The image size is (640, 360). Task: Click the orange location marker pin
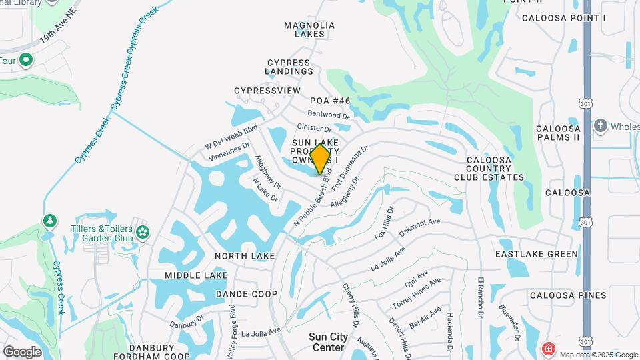[321, 159]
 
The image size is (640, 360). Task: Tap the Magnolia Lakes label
[309, 29]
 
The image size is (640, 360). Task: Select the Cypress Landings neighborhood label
[288, 67]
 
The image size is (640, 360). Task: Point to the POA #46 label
[330, 101]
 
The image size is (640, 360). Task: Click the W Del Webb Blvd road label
[231, 137]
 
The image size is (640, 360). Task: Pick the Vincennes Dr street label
[229, 152]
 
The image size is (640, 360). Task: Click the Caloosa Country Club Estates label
[489, 169]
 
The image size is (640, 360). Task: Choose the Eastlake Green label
[537, 254]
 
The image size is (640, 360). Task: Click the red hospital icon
[548, 348]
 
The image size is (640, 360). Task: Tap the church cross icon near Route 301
[600, 125]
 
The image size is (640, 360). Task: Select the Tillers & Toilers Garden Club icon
[142, 233]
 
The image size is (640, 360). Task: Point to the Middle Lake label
[196, 275]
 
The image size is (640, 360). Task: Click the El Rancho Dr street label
[480, 298]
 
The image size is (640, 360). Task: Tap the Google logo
[22, 351]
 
